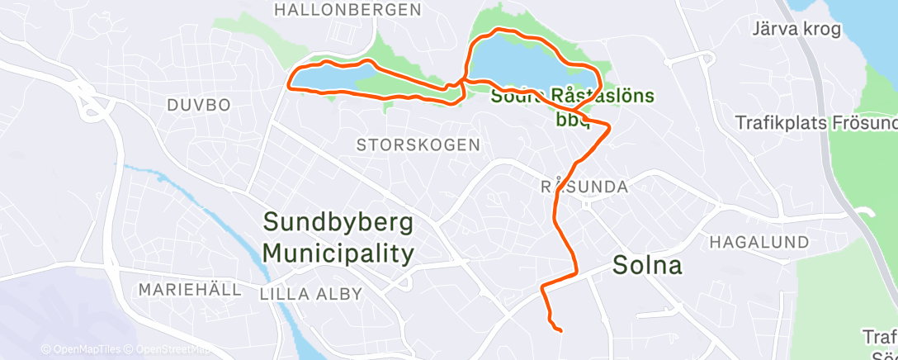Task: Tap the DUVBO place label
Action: pyautogui.click(x=199, y=105)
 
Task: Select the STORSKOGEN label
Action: pyautogui.click(x=418, y=144)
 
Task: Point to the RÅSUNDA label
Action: pyautogui.click(x=584, y=187)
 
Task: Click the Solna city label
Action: pyautogui.click(x=648, y=266)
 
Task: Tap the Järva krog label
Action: pyautogui.click(x=796, y=30)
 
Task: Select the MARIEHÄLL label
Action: pyautogui.click(x=190, y=290)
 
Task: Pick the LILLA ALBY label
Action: pyautogui.click(x=299, y=293)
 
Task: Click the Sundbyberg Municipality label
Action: pyautogui.click(x=338, y=238)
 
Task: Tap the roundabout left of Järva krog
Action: pyautogui.click(x=707, y=57)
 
